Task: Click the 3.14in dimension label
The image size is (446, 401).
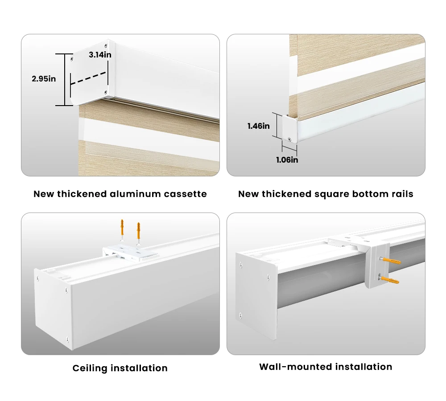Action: point(100,54)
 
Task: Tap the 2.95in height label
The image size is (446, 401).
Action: point(44,79)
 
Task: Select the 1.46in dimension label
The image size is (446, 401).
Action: point(259,126)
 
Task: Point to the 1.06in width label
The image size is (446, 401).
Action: point(287,160)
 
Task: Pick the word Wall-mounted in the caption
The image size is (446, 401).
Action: point(296,367)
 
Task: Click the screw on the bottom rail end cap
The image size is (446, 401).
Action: point(289,139)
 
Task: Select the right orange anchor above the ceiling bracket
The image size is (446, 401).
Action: point(139,233)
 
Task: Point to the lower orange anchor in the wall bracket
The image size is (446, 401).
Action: point(389,279)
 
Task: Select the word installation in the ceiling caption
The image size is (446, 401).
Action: point(139,368)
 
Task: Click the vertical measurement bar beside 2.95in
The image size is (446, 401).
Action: point(65,80)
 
